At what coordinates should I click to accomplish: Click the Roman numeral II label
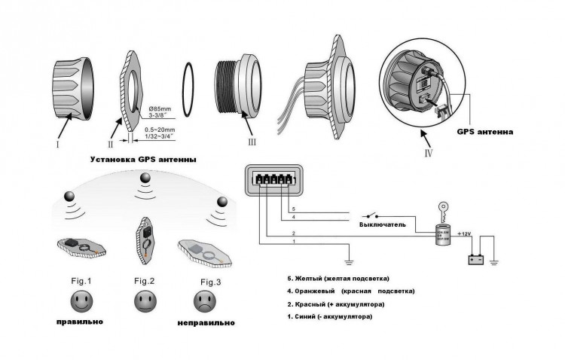[110, 143]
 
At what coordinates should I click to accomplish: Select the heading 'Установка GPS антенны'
[144, 160]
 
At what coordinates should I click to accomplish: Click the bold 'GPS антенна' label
[486, 131]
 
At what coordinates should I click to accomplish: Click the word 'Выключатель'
[383, 224]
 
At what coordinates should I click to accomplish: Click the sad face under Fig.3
[201, 303]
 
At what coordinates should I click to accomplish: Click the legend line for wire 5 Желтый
[334, 278]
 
